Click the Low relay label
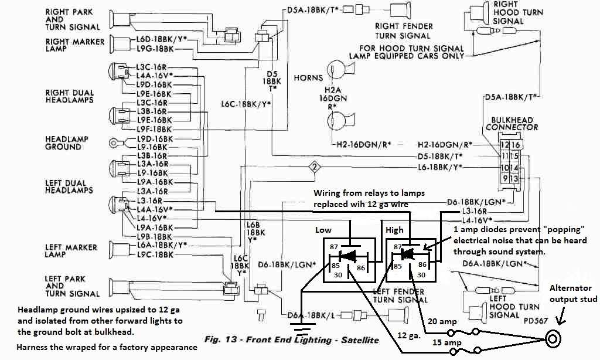(x=323, y=230)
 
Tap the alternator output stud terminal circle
(x=553, y=338)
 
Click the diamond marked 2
(x=315, y=167)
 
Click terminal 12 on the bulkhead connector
(x=504, y=145)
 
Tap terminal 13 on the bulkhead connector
(x=515, y=178)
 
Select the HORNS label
(x=308, y=77)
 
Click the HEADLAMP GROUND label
(x=67, y=142)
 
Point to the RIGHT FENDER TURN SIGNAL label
(x=404, y=30)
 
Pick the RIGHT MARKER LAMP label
(x=75, y=46)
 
